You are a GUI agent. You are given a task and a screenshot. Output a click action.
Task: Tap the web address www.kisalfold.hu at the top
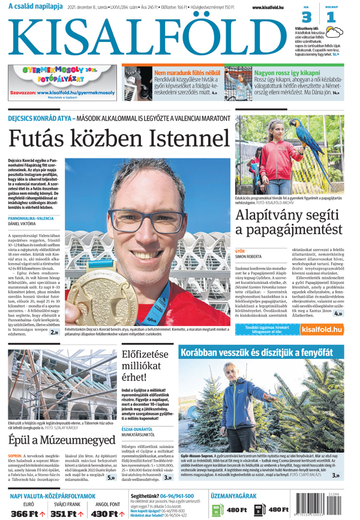pyautogui.click(x=268, y=7)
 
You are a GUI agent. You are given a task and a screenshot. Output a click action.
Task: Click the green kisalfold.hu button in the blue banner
pyautogui.click(x=322, y=328)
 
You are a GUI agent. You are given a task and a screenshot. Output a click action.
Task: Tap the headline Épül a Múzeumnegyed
pyautogui.click(x=61, y=440)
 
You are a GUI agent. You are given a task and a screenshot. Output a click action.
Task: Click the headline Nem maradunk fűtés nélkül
pyautogui.click(x=187, y=72)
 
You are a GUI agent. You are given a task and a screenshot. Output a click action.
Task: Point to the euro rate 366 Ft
pyautogui.click(x=28, y=513)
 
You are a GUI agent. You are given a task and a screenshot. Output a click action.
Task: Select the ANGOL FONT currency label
pyautogui.click(x=107, y=504)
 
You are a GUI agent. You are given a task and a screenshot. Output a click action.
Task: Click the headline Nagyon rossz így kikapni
pyautogui.click(x=287, y=72)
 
